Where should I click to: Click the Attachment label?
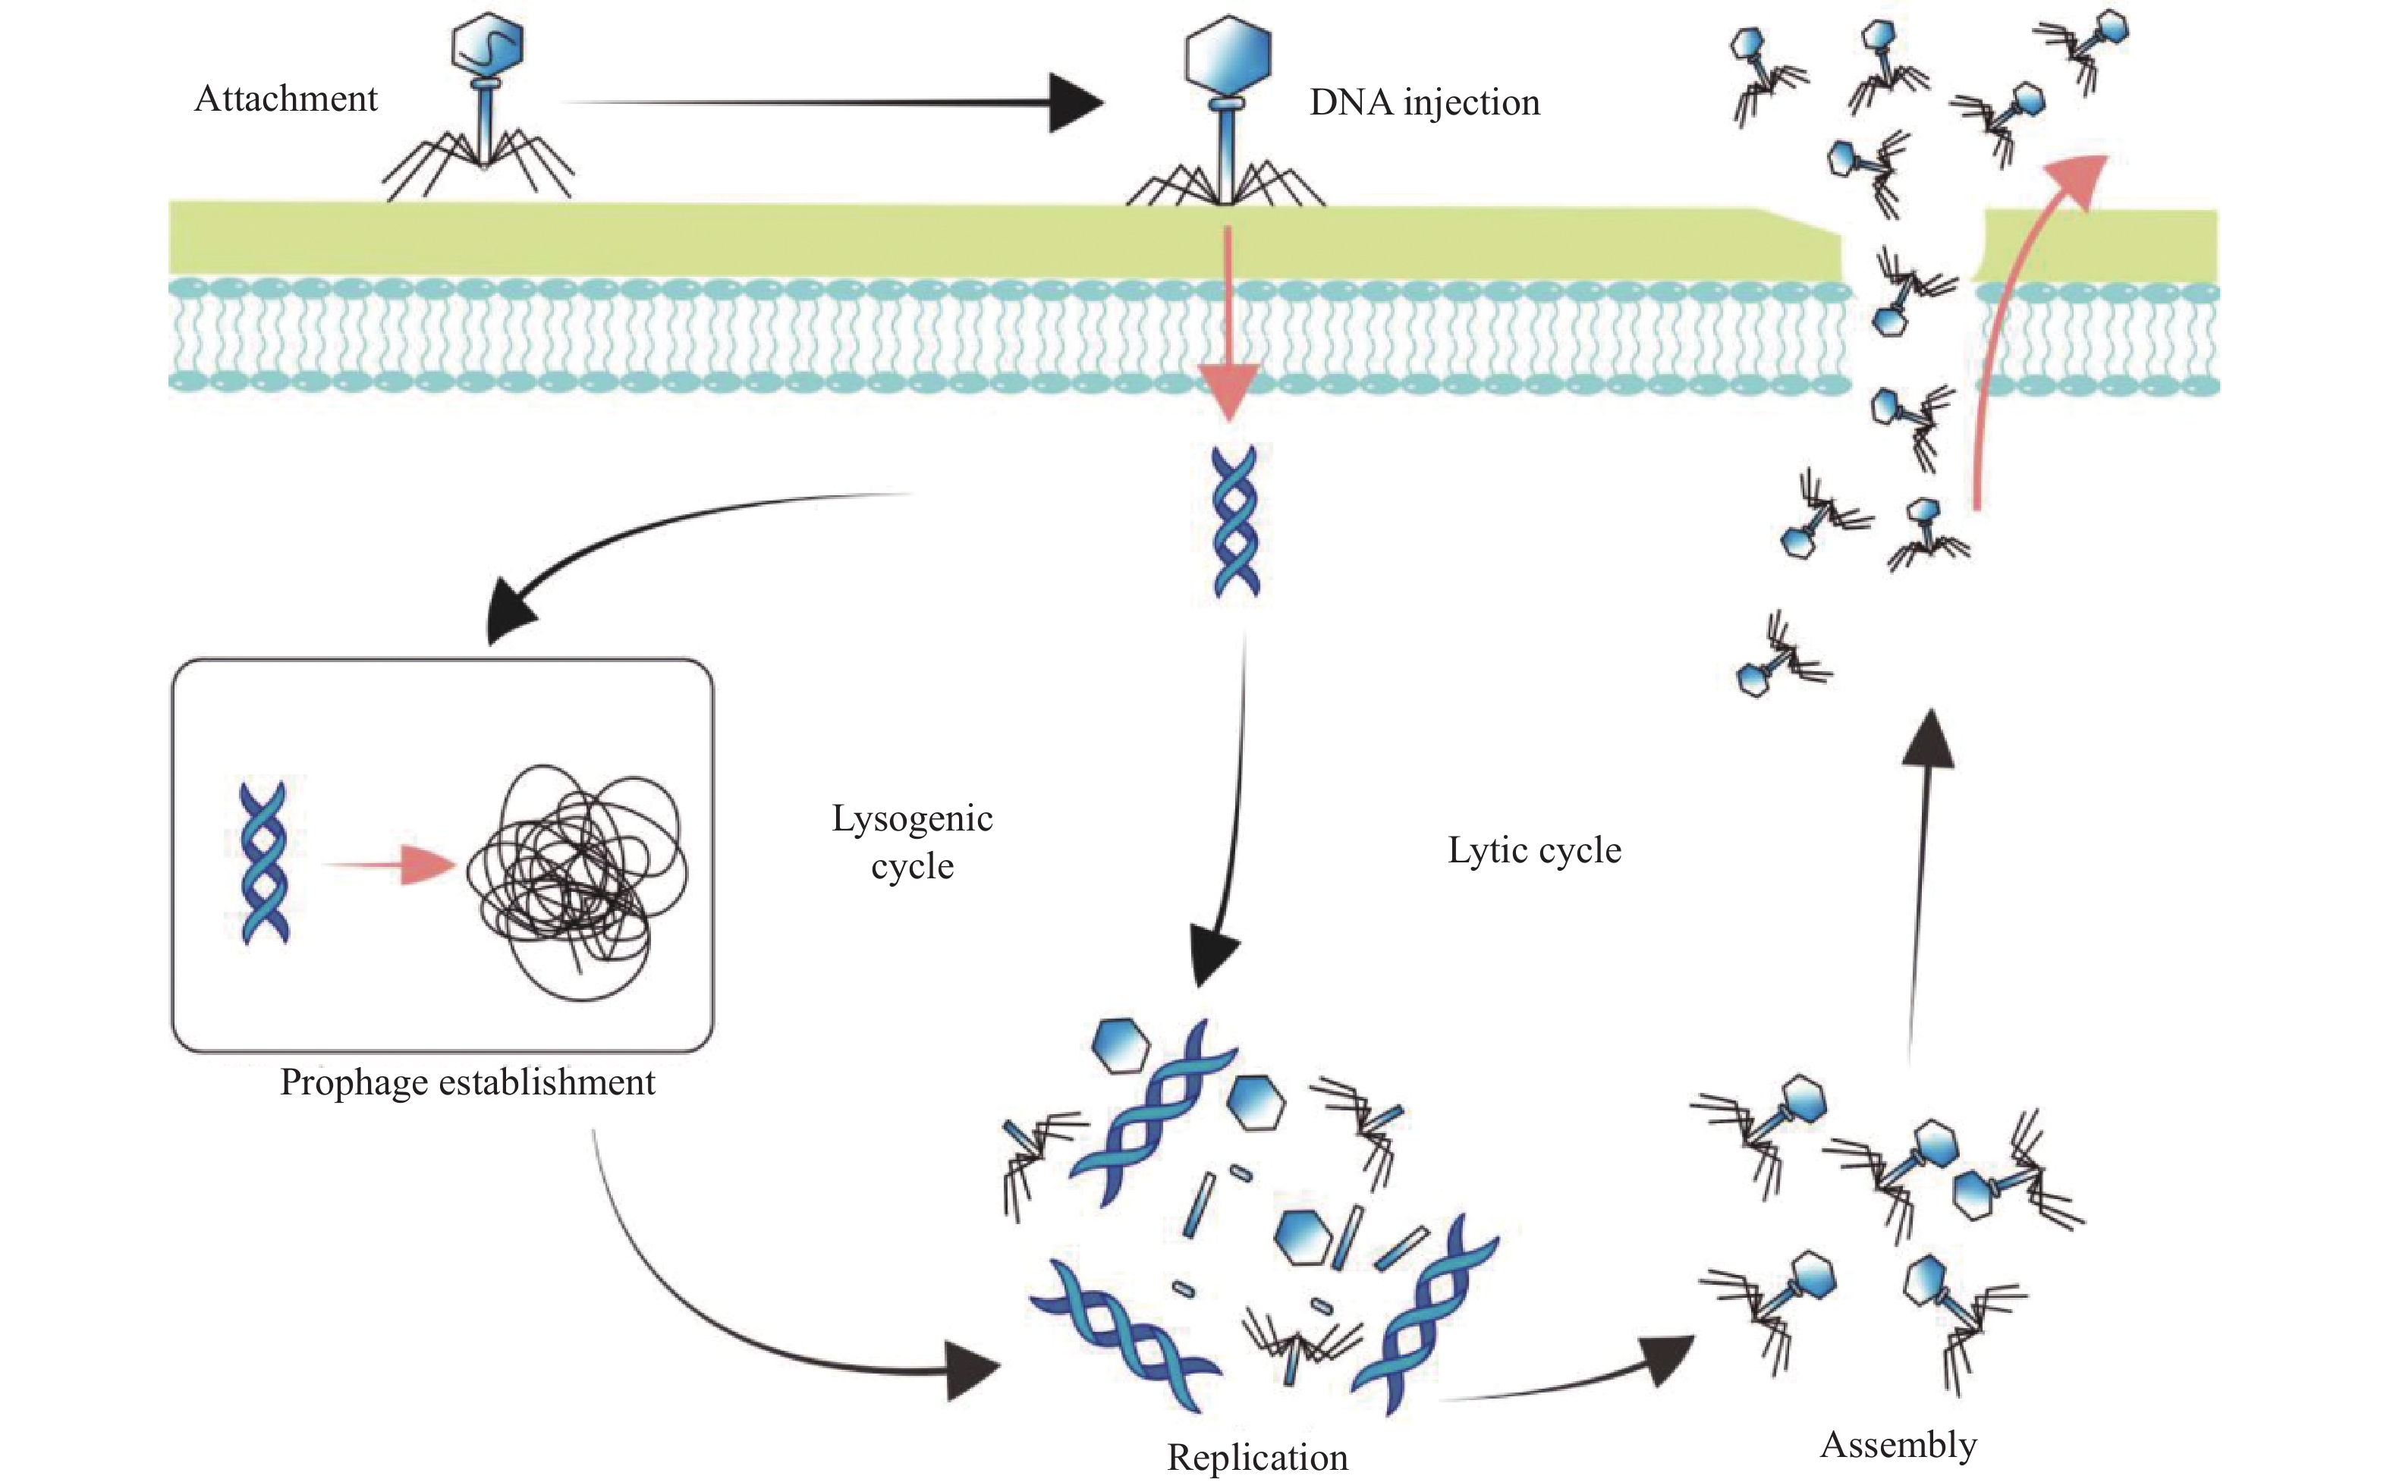(285, 99)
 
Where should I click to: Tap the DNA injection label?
(1423, 102)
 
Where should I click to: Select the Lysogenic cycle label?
(912, 841)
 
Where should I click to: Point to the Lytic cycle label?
(1534, 849)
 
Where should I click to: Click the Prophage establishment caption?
(467, 1082)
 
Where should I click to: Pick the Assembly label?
(1898, 1444)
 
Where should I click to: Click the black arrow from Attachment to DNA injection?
(833, 102)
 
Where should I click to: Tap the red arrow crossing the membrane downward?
(1228, 323)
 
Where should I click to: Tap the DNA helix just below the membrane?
(1235, 522)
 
